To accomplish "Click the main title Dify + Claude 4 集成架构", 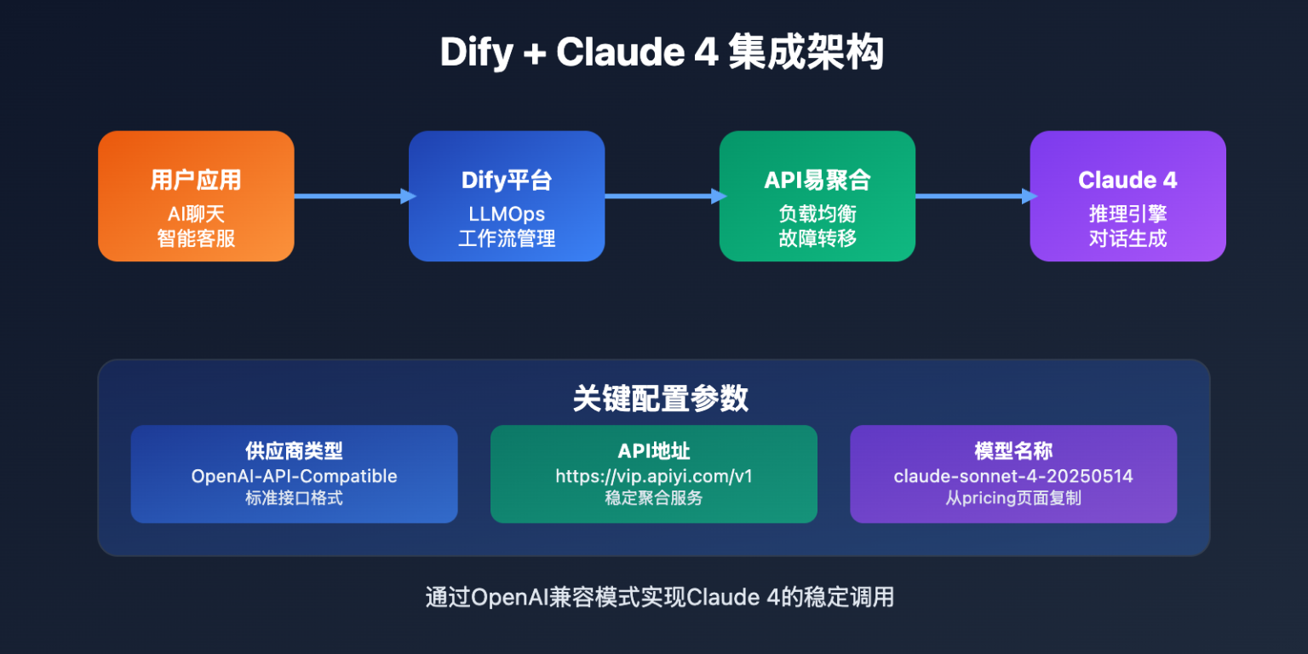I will [662, 54].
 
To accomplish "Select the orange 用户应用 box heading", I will [196, 180].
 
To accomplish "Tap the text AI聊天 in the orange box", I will [196, 214].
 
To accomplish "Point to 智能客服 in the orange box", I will [196, 238].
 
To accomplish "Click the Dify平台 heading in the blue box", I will [507, 180].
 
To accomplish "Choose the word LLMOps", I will [507, 214].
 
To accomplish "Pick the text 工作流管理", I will [507, 238].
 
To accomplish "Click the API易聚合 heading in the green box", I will [817, 180].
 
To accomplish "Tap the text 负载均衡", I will [817, 214].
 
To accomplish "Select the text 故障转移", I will [817, 238].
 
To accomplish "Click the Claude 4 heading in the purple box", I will [1127, 180].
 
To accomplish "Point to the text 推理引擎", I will [1127, 214].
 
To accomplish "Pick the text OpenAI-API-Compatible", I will [294, 476].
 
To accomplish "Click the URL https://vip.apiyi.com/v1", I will [654, 476].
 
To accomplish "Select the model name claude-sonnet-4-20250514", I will [1013, 476].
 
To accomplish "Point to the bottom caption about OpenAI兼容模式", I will [660, 597].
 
